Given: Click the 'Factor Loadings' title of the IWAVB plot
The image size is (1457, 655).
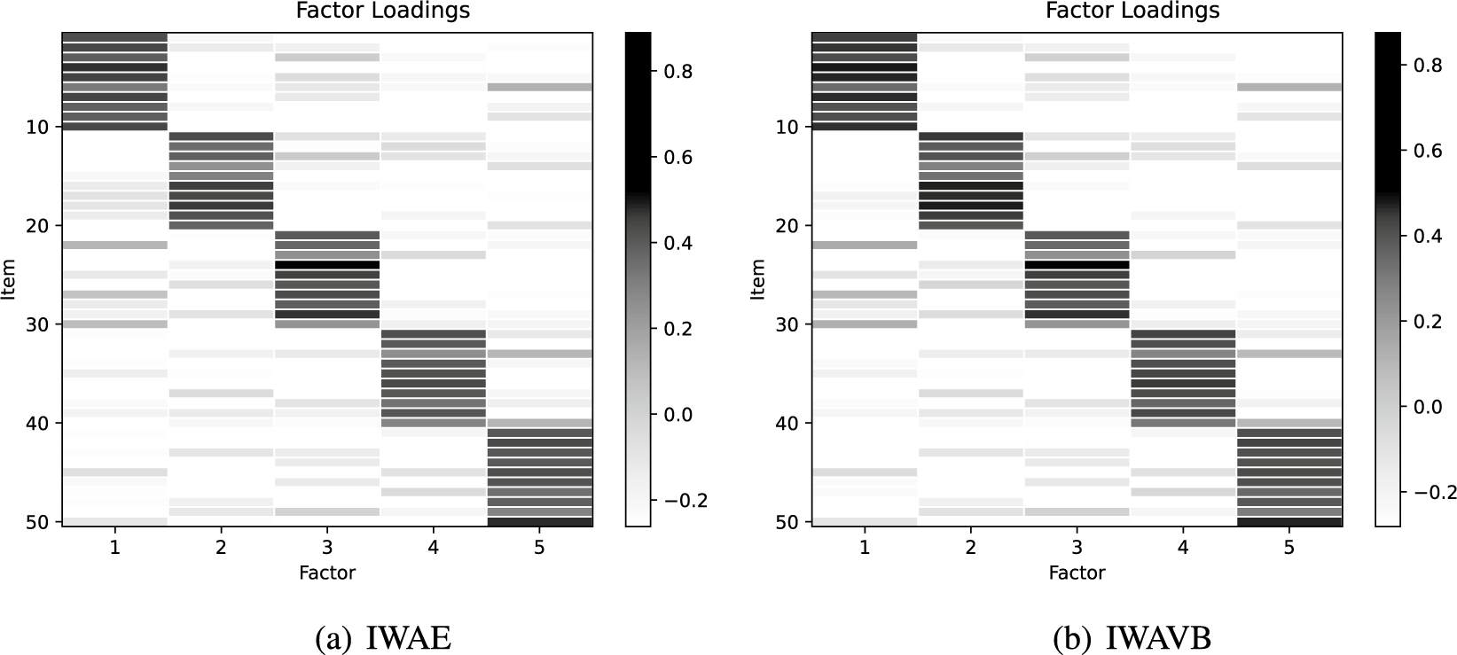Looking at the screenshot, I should coord(1132,11).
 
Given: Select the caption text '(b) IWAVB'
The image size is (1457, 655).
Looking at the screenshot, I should coord(1132,638).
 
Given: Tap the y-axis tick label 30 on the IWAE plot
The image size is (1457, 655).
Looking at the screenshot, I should coord(40,324).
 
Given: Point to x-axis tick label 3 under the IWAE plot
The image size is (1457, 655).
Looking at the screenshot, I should coord(327,549).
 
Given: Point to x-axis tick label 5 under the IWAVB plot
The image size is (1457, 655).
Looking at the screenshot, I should coord(1289,549).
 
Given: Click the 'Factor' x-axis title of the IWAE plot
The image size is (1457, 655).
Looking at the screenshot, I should coord(327,573).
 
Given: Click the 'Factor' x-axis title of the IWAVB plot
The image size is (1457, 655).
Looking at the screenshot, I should coord(1077,573).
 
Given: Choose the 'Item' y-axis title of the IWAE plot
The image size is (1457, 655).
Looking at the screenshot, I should coord(11,279).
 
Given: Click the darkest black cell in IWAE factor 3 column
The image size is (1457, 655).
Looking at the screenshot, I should coord(327,265).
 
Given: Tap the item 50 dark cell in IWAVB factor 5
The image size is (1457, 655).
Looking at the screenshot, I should coord(1289,522).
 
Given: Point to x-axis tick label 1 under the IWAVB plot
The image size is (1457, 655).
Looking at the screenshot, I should coord(865,549).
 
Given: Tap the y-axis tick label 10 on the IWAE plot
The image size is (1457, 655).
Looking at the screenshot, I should coord(40,127).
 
